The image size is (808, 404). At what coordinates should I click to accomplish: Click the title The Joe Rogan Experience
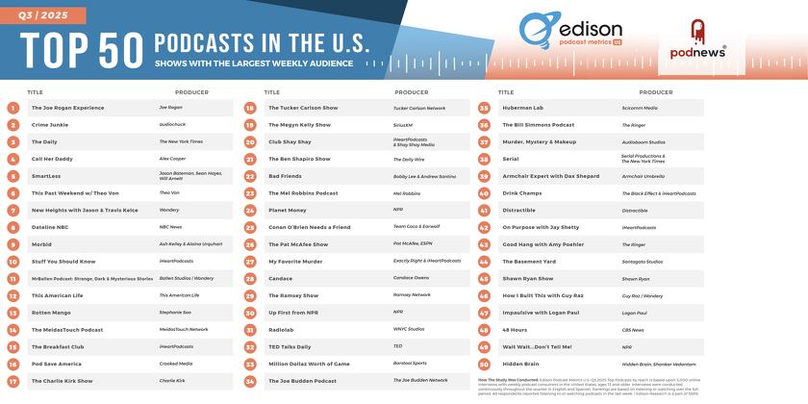(67, 108)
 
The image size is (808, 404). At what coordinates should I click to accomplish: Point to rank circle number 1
(13, 108)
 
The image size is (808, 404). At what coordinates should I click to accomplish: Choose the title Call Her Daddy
(52, 159)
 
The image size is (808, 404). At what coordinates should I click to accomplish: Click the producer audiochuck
(172, 125)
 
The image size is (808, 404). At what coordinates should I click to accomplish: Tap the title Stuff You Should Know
(63, 262)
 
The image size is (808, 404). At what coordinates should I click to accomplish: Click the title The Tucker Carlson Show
(304, 108)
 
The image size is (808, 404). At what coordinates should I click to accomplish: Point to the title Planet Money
(289, 210)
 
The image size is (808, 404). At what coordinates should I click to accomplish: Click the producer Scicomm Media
(639, 108)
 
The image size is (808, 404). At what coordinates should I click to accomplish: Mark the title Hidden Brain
(521, 365)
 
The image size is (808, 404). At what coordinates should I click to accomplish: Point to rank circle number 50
(485, 365)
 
